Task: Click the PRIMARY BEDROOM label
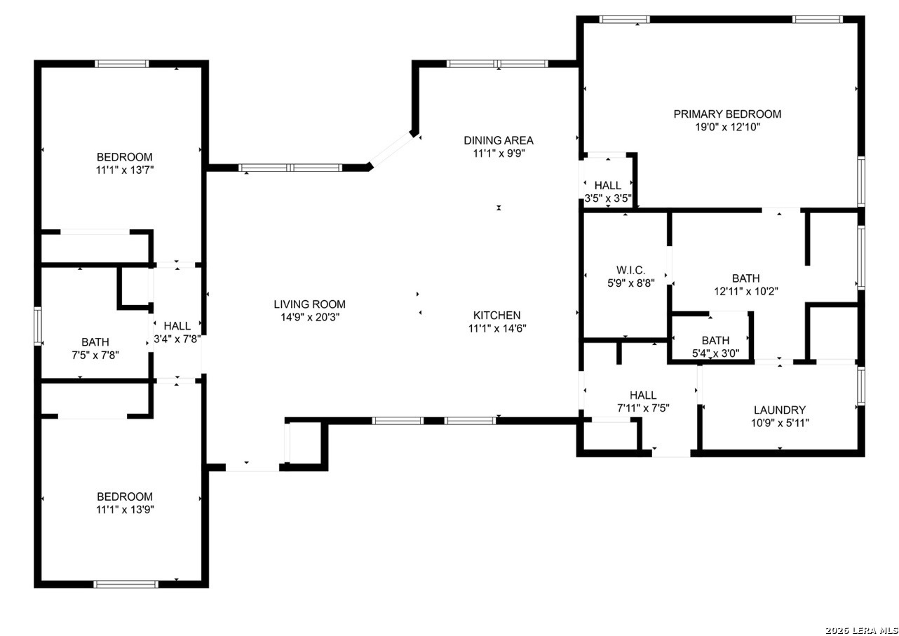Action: pyautogui.click(x=727, y=114)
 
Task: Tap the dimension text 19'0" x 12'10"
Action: pyautogui.click(x=727, y=127)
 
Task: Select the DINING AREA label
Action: pyautogui.click(x=499, y=140)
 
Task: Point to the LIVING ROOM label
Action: pyautogui.click(x=309, y=304)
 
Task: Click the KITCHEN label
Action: pyautogui.click(x=496, y=316)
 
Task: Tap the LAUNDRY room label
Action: pyautogui.click(x=779, y=410)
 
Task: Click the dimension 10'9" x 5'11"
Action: pyautogui.click(x=779, y=423)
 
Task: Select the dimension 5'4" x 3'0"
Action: pyautogui.click(x=715, y=353)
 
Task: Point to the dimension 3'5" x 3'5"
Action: pyautogui.click(x=608, y=198)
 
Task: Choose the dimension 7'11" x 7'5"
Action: pyautogui.click(x=642, y=408)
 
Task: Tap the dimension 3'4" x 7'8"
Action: pyautogui.click(x=177, y=339)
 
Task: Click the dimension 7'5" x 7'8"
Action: pyautogui.click(x=95, y=355)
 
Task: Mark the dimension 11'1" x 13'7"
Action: pyautogui.click(x=125, y=170)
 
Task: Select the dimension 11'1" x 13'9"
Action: pyautogui.click(x=125, y=509)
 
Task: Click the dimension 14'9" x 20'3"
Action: pyautogui.click(x=309, y=317)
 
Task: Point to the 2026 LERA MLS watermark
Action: pyautogui.click(x=862, y=629)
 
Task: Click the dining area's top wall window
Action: pyautogui.click(x=498, y=64)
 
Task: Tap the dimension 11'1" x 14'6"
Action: pyautogui.click(x=496, y=328)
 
